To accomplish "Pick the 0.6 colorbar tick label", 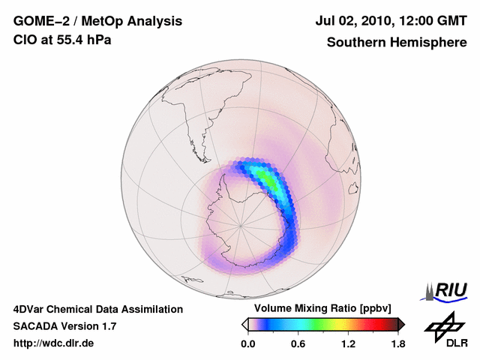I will click(298, 344).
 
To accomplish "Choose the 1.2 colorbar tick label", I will click(348, 344).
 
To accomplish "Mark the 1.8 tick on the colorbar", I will click(397, 344).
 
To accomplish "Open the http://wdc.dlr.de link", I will click(54, 343).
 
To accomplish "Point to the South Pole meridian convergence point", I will click(241, 223).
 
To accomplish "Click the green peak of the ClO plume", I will click(264, 178).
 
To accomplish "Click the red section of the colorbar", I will click(379, 324).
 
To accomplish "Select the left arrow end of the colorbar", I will click(244, 324).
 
